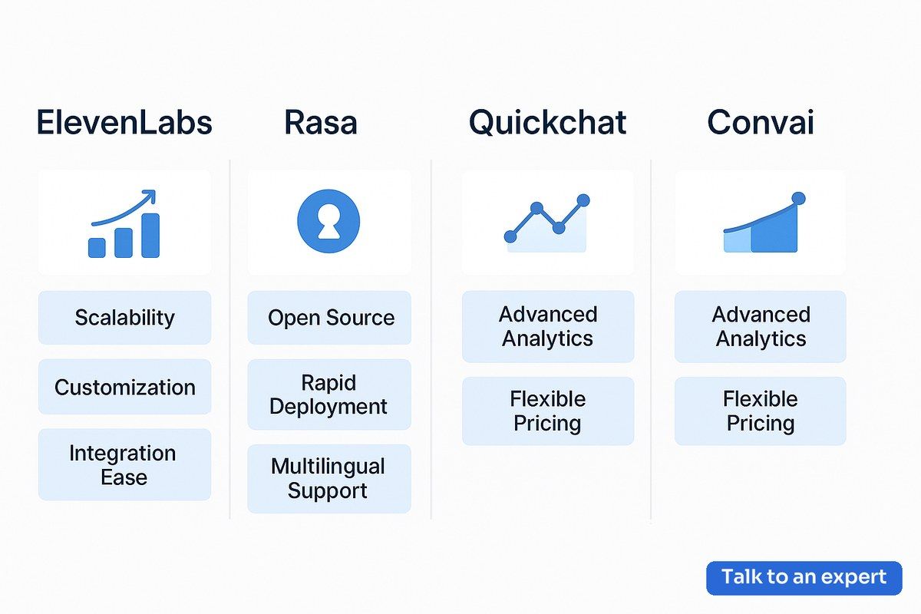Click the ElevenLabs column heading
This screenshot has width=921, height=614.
pyautogui.click(x=124, y=122)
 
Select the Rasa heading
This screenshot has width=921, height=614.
pyautogui.click(x=321, y=122)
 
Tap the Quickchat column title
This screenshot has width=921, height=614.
pyautogui.click(x=547, y=122)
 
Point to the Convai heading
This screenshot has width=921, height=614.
pyautogui.click(x=761, y=122)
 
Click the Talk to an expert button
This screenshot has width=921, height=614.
pyautogui.click(x=804, y=578)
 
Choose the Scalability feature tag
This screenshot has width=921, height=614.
pyautogui.click(x=124, y=318)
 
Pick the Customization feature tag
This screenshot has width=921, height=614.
pyautogui.click(x=124, y=387)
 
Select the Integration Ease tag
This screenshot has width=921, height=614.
pyautogui.click(x=124, y=464)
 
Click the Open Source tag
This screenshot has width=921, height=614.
pyautogui.click(x=329, y=318)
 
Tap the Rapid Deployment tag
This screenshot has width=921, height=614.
pyautogui.click(x=329, y=394)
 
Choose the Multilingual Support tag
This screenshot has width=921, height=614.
pyautogui.click(x=329, y=478)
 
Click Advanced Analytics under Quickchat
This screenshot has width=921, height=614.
pyautogui.click(x=548, y=326)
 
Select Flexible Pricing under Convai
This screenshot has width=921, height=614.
pyautogui.click(x=761, y=411)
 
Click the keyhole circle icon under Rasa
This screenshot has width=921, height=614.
pyautogui.click(x=328, y=221)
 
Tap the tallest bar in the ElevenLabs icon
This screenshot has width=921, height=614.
pyautogui.click(x=150, y=235)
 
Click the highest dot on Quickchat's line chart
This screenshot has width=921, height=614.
pyautogui.click(x=583, y=200)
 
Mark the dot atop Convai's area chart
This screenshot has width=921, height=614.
pyautogui.click(x=798, y=198)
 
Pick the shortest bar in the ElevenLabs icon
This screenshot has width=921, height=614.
pyautogui.click(x=97, y=248)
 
